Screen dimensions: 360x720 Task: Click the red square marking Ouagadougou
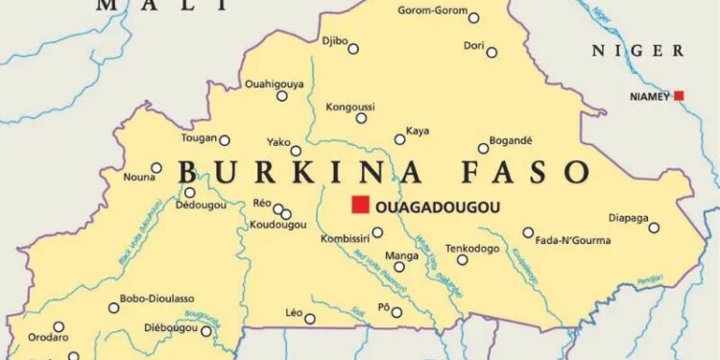[360, 204]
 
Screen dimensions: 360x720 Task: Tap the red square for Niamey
[679, 96]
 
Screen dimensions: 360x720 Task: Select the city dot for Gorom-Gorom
[473, 17]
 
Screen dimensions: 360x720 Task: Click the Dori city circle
[492, 52]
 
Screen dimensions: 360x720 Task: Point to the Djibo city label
[334, 40]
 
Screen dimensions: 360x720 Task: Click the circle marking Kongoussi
[361, 118]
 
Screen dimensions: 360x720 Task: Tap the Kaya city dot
[400, 139]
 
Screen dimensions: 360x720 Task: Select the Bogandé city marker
[483, 148]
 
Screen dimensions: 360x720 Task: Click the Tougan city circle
[225, 140]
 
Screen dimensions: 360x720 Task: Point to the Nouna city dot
[156, 168]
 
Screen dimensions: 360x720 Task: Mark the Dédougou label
[202, 205]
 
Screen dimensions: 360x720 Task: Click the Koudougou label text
[277, 225]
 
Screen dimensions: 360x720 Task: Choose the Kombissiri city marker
[377, 232]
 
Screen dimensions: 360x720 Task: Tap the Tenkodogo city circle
[462, 259]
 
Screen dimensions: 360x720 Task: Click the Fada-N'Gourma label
[569, 239]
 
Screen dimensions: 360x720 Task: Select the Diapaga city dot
[654, 228]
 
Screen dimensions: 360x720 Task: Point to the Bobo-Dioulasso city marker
[114, 308]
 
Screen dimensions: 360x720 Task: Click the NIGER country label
[636, 51]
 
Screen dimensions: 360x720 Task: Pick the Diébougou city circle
[205, 331]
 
